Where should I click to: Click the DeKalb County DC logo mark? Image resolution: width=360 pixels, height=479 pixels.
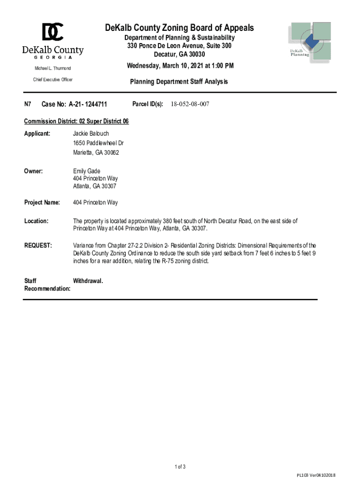53,32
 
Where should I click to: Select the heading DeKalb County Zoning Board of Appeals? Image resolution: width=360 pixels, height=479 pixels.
180,28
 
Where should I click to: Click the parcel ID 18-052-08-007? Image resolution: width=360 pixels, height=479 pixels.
190,104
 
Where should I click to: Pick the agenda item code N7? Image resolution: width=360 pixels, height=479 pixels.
28,104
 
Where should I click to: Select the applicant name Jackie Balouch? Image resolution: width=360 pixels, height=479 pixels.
91,134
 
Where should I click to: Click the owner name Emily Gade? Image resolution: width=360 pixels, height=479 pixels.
86,171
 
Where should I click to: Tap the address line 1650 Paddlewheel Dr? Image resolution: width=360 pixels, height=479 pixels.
98,143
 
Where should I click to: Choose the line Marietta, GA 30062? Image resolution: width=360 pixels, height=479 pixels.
96,152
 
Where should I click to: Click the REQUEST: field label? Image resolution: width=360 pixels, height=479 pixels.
38,246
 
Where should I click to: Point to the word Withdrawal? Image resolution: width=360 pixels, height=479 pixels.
88,281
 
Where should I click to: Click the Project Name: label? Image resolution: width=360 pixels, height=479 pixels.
42,203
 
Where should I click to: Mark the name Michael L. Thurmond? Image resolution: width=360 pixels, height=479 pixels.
52,68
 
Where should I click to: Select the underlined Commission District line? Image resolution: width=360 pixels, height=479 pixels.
76,122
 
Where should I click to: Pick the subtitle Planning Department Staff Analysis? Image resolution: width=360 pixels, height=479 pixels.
179,82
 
